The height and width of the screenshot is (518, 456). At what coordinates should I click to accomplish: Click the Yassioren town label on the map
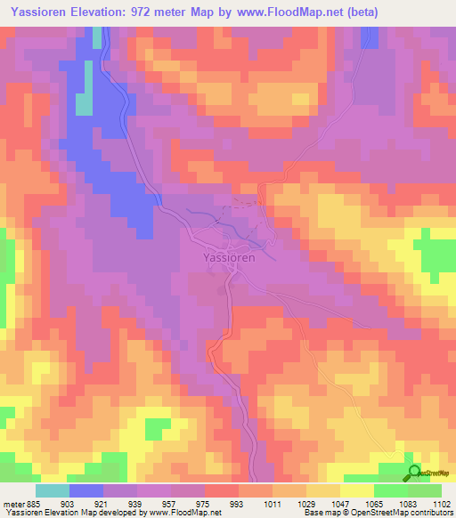coord(224,257)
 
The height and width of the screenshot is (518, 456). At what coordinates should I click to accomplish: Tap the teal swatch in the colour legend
coord(53,490)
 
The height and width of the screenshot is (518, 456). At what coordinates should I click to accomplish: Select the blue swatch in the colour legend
coord(86,490)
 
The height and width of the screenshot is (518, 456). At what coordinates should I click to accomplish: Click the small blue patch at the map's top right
coord(370,37)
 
